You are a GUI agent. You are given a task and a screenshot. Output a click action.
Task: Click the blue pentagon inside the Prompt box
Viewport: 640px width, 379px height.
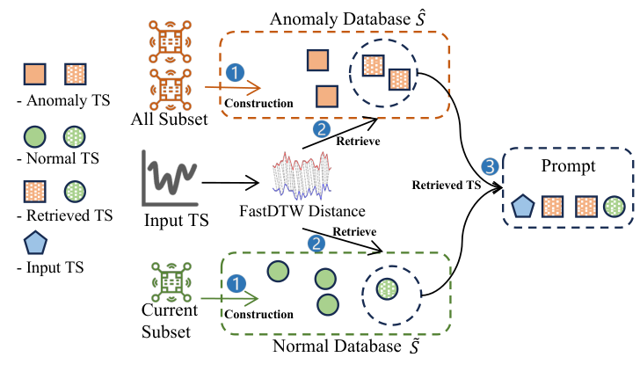(523, 206)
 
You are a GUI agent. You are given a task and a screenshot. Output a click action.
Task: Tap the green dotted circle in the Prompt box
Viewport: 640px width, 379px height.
(614, 207)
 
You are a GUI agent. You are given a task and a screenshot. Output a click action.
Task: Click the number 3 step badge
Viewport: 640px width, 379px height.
(490, 166)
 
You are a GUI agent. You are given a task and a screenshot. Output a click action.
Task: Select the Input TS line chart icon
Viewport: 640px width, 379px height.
(170, 178)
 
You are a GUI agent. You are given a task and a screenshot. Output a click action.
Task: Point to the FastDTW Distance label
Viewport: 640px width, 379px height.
(302, 211)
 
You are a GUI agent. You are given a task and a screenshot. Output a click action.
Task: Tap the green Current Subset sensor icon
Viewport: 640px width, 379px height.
(171, 282)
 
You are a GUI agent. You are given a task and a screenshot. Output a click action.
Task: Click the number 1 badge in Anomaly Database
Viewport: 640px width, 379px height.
(235, 73)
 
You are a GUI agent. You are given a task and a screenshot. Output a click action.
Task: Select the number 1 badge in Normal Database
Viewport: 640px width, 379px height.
(236, 284)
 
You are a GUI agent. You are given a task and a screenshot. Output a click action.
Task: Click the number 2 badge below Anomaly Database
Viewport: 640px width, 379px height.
(322, 129)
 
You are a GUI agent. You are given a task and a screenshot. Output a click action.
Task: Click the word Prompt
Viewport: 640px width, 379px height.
(568, 166)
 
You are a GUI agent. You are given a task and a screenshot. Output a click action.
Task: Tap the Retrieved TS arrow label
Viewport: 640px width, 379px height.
(446, 186)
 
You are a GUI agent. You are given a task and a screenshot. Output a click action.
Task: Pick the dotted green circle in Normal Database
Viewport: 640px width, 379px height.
(387, 289)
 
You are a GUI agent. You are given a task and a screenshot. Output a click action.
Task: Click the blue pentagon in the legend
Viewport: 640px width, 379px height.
(35, 243)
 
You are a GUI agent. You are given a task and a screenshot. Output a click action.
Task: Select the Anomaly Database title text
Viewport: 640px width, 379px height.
(348, 18)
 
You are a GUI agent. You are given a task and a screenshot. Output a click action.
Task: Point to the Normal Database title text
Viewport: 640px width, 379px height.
(346, 346)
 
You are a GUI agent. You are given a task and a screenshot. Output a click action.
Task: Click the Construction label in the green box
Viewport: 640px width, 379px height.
(258, 315)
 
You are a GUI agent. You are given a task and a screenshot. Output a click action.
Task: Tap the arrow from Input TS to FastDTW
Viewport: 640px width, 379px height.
(230, 183)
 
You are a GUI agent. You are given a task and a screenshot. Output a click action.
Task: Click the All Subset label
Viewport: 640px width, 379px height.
(170, 120)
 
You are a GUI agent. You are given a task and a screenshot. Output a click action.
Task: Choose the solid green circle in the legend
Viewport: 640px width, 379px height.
(34, 136)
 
